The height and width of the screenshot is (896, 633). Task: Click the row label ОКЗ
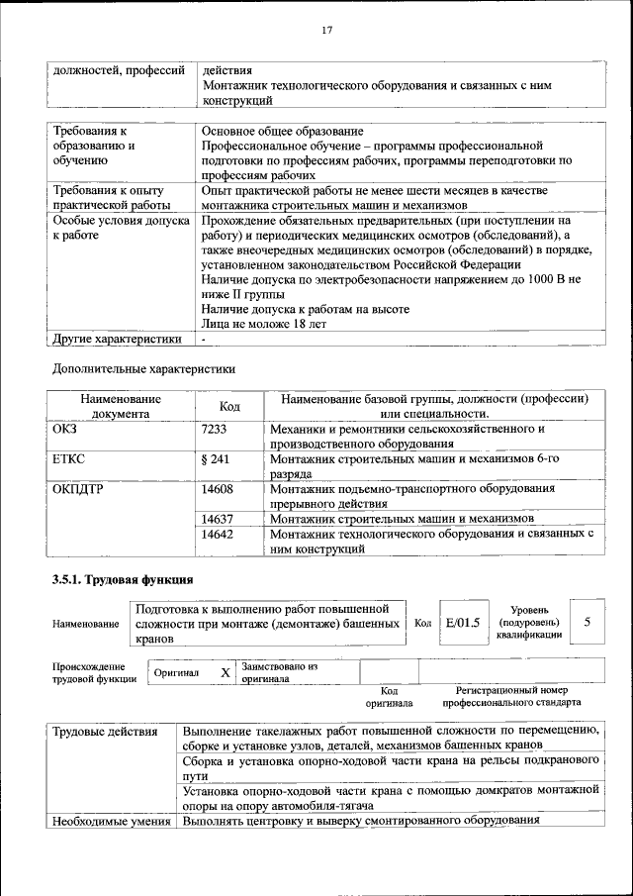coord(64,429)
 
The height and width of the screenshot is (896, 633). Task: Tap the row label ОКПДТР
coord(77,488)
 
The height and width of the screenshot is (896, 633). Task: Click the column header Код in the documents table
coord(229,406)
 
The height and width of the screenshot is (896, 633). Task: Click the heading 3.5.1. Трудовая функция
coord(122,578)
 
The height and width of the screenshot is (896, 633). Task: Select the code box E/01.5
coord(462,623)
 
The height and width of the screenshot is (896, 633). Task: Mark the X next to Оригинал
coord(225,673)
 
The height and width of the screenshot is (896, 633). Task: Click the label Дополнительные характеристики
coord(143,368)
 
